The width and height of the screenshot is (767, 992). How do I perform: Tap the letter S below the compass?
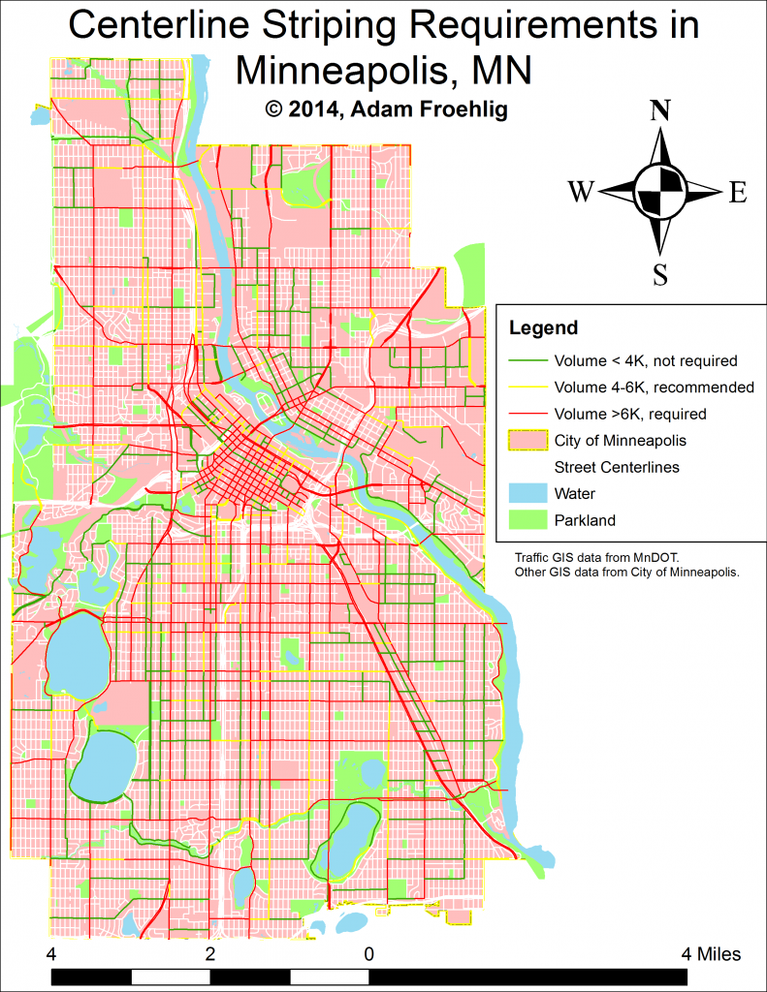point(660,275)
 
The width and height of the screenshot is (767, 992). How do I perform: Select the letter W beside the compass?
point(581,193)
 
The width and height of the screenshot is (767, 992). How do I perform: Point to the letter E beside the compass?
point(738,193)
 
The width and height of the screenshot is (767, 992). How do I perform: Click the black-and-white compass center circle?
point(660,192)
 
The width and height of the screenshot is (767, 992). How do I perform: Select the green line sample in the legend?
point(527,361)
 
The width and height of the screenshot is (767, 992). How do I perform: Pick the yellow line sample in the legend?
point(527,387)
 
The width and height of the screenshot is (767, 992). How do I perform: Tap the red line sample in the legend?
point(527,414)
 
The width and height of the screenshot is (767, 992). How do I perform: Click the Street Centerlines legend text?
point(617,467)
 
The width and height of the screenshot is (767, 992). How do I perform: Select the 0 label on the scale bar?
point(369,954)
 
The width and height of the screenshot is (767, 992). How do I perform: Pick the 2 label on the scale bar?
point(210,954)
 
